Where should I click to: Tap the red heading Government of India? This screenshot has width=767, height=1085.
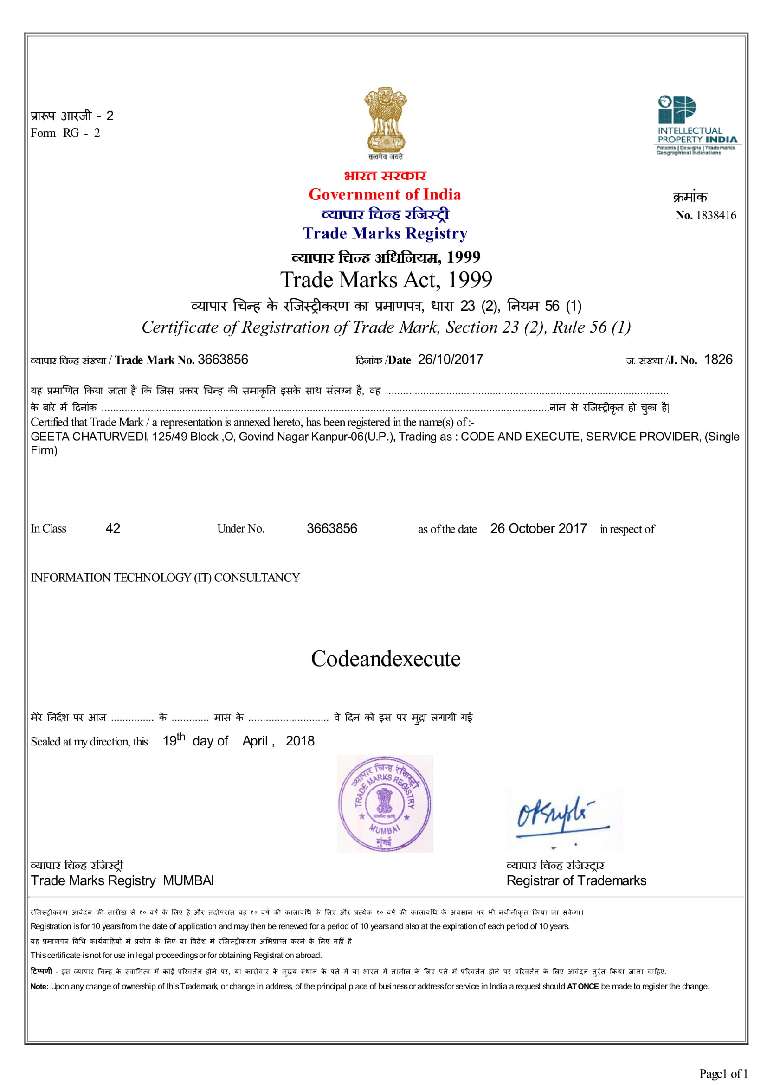pyautogui.click(x=385, y=194)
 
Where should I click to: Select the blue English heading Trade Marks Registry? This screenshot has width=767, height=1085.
pyautogui.click(x=385, y=233)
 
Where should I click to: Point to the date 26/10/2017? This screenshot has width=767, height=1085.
pyautogui.click(x=451, y=360)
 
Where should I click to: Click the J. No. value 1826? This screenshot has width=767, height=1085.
pyautogui.click(x=718, y=360)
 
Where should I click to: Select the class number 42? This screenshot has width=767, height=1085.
pyautogui.click(x=113, y=528)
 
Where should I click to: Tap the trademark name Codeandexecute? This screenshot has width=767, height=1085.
pyautogui.click(x=385, y=659)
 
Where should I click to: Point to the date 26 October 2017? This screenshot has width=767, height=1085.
pyautogui.click(x=538, y=528)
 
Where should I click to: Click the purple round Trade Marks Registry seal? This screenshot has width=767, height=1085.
pyautogui.click(x=385, y=803)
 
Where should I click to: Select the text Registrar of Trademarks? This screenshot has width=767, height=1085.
pyautogui.click(x=576, y=880)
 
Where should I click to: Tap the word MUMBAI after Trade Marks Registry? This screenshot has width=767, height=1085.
pyautogui.click(x=188, y=880)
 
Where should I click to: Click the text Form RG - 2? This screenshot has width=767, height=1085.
pyautogui.click(x=65, y=133)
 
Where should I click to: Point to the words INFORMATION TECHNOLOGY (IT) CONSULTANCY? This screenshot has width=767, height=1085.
pyautogui.click(x=165, y=578)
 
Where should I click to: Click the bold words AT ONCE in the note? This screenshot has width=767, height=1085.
pyautogui.click(x=582, y=986)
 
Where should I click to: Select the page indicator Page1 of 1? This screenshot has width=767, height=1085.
pyautogui.click(x=723, y=1073)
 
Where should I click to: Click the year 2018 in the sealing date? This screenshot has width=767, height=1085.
pyautogui.click(x=300, y=741)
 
